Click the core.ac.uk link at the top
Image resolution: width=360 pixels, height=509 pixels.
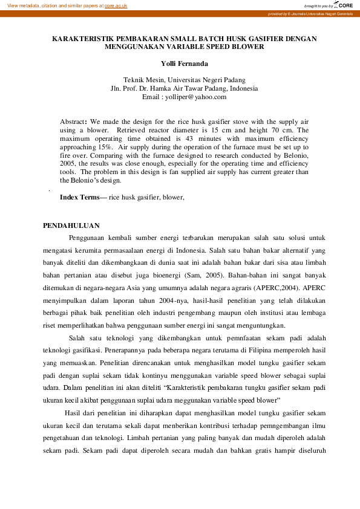click(116, 5)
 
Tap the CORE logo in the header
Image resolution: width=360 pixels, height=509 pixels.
click(344, 5)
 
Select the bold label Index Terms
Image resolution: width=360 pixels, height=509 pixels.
click(80, 197)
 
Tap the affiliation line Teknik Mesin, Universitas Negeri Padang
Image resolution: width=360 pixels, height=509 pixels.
click(184, 80)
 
